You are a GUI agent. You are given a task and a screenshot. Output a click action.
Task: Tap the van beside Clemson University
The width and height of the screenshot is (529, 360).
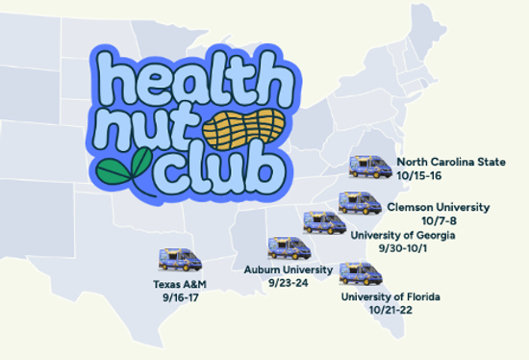click(355, 203)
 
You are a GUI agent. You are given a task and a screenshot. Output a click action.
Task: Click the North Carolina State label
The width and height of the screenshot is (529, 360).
click(450, 162)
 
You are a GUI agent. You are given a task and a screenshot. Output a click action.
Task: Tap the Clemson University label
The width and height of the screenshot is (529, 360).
click(438, 207)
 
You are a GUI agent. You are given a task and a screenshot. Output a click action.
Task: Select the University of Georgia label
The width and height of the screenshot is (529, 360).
click(402, 235)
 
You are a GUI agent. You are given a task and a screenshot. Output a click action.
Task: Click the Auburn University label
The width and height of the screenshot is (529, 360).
click(289, 270)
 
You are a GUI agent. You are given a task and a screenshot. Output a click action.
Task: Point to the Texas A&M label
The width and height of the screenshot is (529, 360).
click(180, 285)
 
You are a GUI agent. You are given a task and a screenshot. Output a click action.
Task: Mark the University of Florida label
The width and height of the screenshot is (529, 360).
click(390, 296)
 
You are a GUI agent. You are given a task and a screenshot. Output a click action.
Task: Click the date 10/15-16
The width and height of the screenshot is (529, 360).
click(418, 176)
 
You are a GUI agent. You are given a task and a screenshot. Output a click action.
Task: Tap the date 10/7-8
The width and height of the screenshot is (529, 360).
click(438, 220)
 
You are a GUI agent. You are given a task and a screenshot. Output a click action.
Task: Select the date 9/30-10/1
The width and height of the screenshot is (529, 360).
click(402, 248)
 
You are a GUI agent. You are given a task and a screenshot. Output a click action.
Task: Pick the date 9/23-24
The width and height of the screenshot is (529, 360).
click(288, 283)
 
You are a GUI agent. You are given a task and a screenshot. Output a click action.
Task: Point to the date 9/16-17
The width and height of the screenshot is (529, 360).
click(180, 298)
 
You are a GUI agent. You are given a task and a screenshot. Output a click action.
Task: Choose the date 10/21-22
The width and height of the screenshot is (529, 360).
click(390, 310)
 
